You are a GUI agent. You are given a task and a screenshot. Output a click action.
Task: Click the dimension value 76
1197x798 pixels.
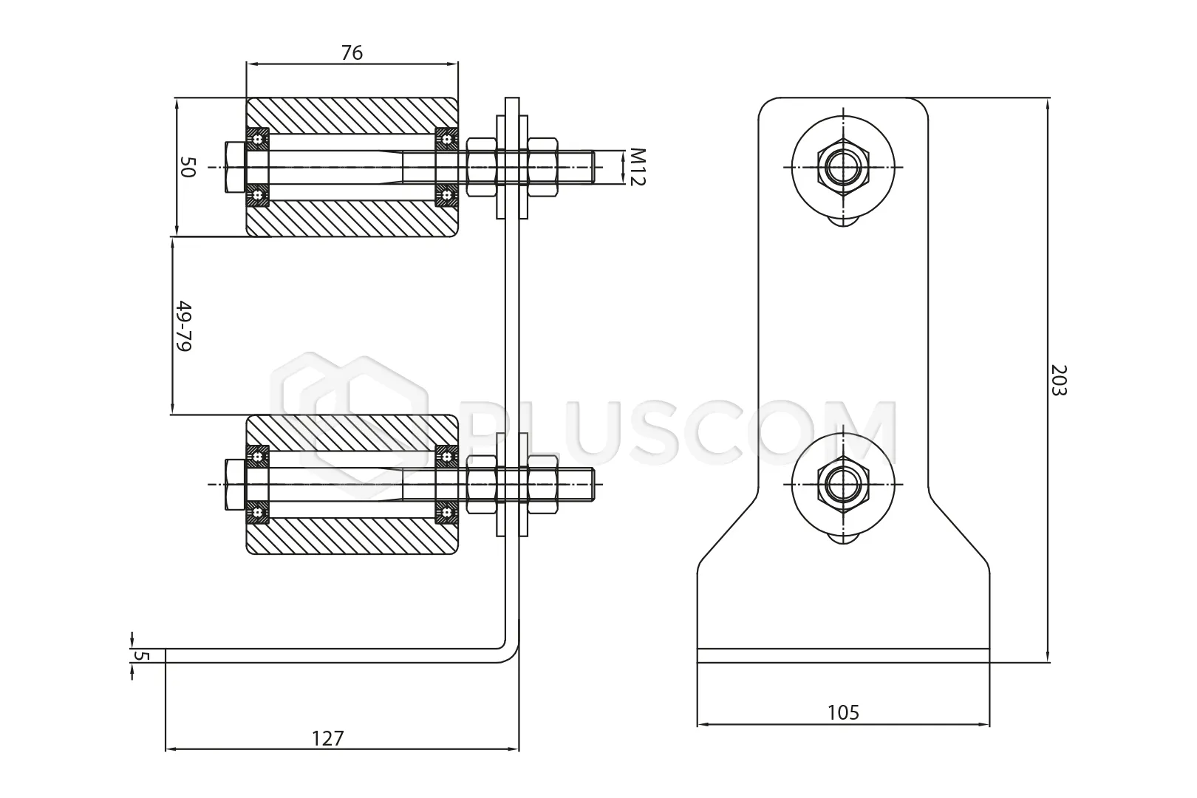[352, 53]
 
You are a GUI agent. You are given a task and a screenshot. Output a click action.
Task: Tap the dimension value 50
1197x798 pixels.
[188, 167]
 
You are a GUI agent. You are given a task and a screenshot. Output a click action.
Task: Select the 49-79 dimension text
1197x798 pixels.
[183, 326]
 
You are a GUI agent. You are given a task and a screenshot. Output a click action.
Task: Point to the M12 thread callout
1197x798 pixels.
[638, 167]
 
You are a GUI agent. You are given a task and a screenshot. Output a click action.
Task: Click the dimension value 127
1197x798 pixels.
[327, 738]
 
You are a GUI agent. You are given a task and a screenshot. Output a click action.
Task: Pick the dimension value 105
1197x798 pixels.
[843, 712]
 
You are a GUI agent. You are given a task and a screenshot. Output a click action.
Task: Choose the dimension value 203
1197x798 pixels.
[1059, 380]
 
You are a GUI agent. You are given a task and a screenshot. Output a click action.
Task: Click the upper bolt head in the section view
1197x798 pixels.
[235, 167]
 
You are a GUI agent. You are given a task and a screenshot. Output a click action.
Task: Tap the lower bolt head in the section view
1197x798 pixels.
[235, 484]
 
